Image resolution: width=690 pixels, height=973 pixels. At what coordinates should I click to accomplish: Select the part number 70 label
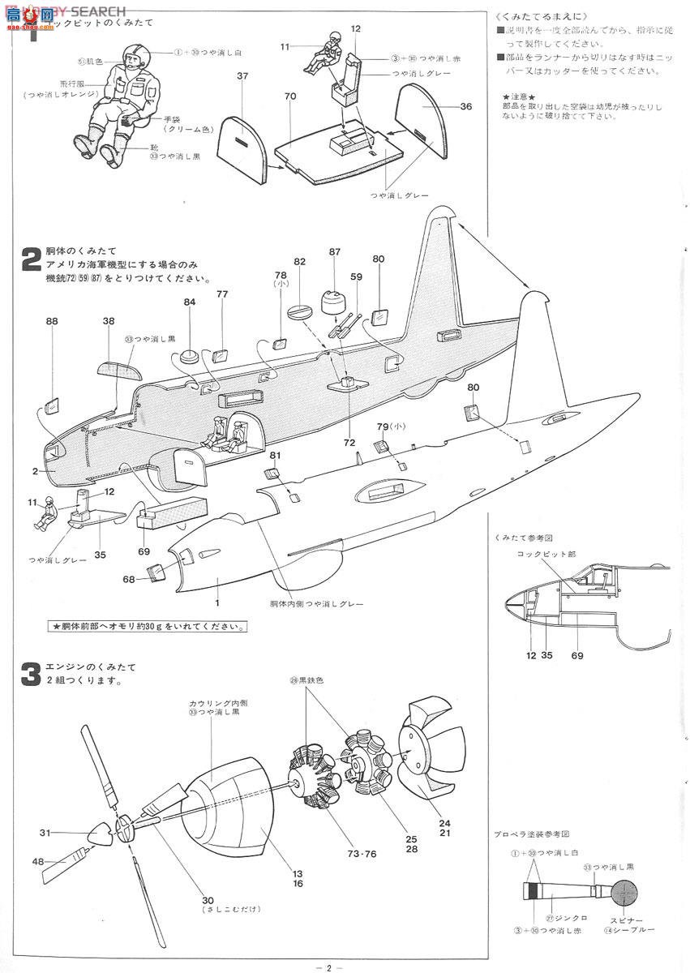[289, 96]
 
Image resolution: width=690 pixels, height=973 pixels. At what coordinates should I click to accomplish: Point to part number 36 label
[465, 106]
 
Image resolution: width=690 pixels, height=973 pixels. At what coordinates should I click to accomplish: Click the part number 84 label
[190, 302]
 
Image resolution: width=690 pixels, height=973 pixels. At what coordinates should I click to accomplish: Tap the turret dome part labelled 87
[333, 302]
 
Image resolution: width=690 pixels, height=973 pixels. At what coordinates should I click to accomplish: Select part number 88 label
[52, 321]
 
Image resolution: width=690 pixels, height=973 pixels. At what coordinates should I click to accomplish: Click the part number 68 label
[129, 579]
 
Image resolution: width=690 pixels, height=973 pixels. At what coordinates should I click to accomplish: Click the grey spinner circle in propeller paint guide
[623, 891]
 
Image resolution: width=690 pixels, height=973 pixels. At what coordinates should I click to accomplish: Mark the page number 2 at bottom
[329, 967]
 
